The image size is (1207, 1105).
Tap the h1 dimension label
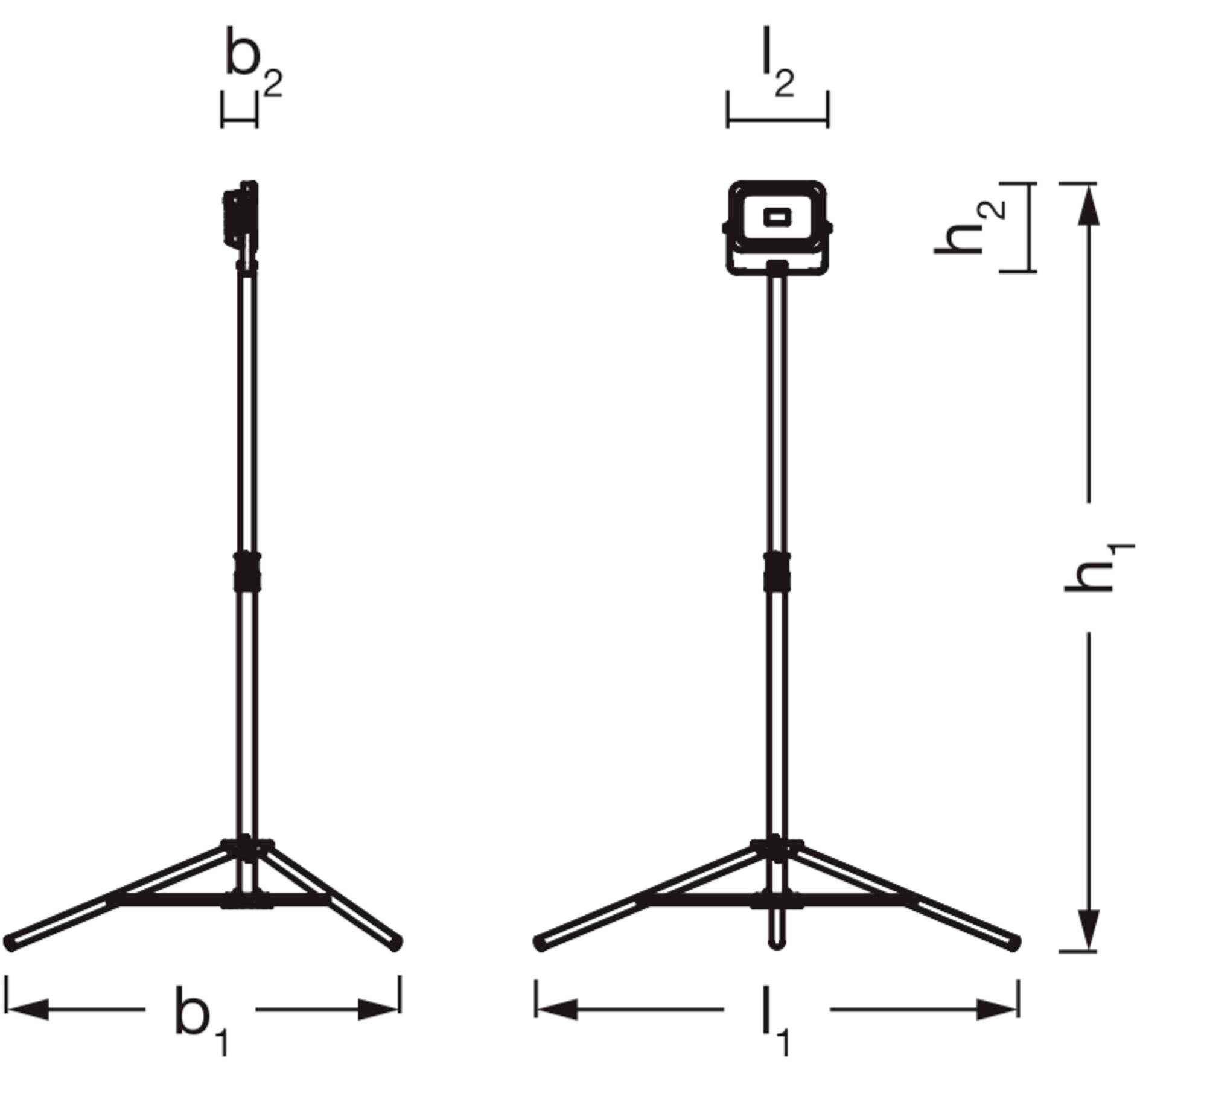click(1097, 567)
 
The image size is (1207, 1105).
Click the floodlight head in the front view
click(777, 226)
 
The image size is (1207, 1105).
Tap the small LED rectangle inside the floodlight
click(777, 217)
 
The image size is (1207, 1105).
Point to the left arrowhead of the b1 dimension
click(27, 1009)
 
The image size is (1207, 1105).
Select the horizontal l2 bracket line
click(777, 119)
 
